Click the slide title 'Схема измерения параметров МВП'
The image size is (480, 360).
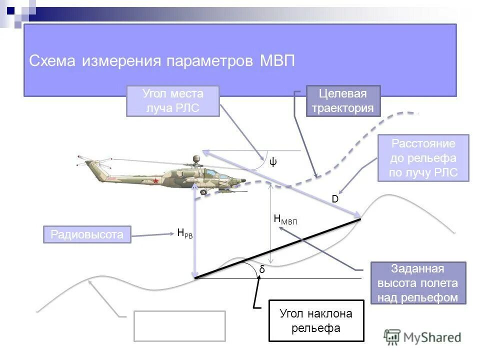(x=162, y=61)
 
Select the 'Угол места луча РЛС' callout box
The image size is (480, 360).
(x=173, y=101)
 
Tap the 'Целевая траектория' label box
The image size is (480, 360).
(x=343, y=101)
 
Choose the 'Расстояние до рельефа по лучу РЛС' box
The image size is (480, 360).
(x=423, y=158)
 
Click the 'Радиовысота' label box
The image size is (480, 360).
(x=87, y=234)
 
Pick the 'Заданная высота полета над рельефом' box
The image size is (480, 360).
(x=417, y=283)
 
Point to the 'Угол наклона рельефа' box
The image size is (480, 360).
(x=316, y=320)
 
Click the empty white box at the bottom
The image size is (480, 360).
(x=179, y=325)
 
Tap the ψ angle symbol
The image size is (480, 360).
(x=273, y=161)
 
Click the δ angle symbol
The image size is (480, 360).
(x=261, y=269)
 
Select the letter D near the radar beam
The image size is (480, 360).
(x=335, y=199)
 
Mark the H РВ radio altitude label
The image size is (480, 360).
(x=184, y=232)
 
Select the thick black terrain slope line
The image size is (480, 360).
(x=277, y=248)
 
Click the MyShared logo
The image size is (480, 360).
(x=423, y=337)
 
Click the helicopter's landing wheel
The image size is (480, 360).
(x=203, y=191)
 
